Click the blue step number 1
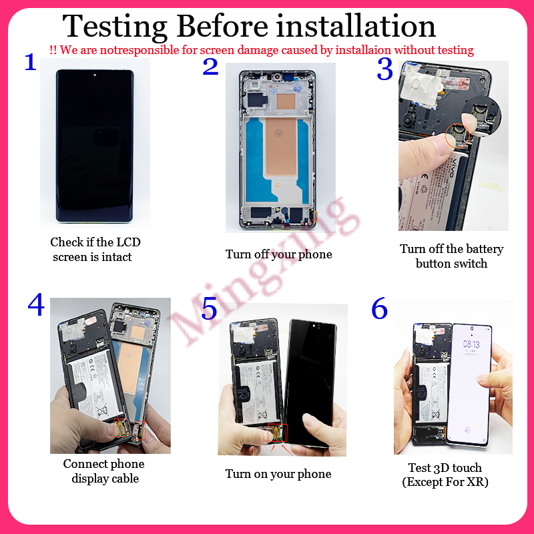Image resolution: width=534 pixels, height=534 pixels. [x=30, y=62]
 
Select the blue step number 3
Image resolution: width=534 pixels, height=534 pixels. [x=385, y=69]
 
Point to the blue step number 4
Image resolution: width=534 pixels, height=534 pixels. [x=36, y=305]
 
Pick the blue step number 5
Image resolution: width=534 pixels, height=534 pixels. [x=210, y=310]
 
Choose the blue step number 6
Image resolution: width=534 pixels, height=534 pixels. [x=379, y=308]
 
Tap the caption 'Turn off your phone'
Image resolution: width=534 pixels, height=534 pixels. [x=278, y=254]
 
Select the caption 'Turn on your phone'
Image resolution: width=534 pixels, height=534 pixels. [x=278, y=474]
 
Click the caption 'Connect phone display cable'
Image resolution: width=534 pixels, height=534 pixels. [x=104, y=471]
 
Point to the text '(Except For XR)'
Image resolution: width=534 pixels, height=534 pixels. [x=445, y=482]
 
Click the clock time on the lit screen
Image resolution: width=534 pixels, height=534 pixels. [x=472, y=345]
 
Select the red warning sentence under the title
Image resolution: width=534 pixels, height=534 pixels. [x=262, y=49]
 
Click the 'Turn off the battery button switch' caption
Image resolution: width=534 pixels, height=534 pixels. [x=452, y=256]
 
